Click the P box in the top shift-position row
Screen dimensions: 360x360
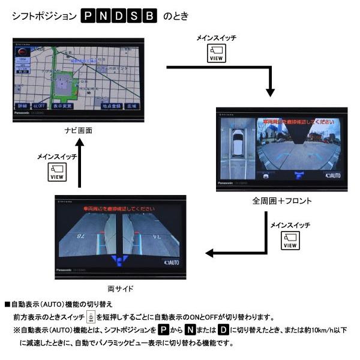pos(88,16)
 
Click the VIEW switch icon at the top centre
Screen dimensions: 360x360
pos(216,54)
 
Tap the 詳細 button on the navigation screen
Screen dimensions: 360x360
pos(22,106)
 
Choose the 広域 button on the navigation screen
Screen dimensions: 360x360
pos(132,106)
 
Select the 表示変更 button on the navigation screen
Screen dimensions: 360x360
pos(62,106)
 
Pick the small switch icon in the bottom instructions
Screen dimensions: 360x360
pos(90,317)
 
